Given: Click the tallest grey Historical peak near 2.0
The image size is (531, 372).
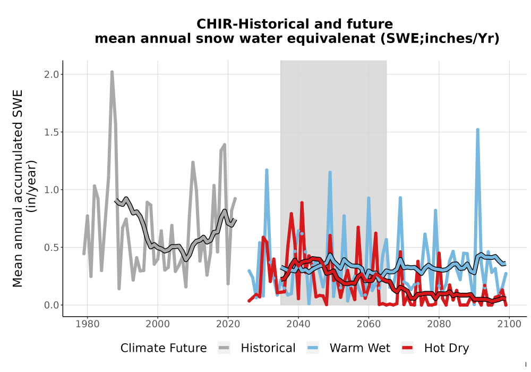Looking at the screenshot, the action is click(x=112, y=72).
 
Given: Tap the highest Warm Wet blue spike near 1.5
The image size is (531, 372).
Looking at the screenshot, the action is click(x=477, y=130).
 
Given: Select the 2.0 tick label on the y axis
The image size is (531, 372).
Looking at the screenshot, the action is click(x=51, y=74).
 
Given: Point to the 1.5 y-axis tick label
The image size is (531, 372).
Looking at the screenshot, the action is click(x=51, y=132).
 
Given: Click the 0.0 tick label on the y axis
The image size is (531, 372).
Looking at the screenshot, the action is click(x=51, y=305).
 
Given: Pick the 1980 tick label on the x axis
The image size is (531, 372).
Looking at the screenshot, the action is click(x=88, y=324).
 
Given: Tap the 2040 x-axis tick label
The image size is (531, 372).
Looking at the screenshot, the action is click(x=298, y=324).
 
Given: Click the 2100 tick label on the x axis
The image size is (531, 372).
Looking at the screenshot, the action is click(x=509, y=324).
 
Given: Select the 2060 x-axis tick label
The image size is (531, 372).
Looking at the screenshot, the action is click(x=369, y=324).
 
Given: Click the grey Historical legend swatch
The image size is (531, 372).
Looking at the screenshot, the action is click(x=224, y=348).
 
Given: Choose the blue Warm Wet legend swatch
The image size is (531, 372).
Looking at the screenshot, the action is click(x=313, y=348).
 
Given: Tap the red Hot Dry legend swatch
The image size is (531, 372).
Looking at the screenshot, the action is click(x=407, y=348).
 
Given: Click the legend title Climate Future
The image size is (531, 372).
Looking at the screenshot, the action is click(x=164, y=348).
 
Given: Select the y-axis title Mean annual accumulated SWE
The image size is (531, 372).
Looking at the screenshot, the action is click(x=18, y=188).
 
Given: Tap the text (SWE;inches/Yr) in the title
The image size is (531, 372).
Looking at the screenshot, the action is click(x=440, y=39).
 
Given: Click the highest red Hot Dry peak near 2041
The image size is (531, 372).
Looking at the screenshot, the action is click(x=302, y=203).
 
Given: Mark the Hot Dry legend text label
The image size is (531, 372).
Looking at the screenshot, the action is click(x=447, y=348).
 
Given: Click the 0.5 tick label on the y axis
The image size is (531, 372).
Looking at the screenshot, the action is click(x=51, y=247).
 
